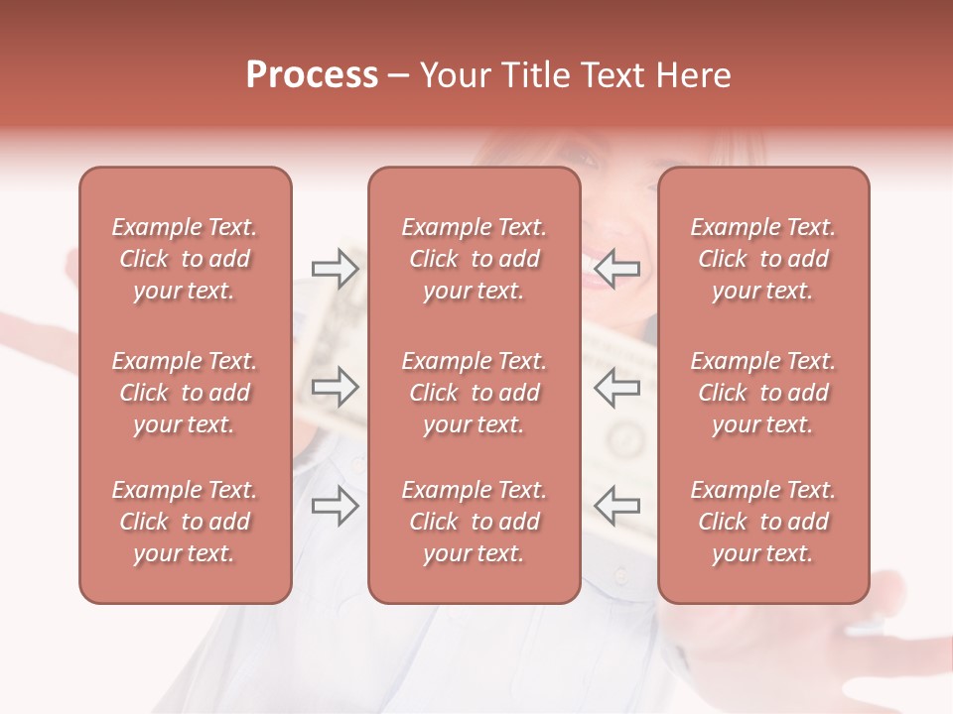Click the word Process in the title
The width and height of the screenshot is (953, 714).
pos(312,75)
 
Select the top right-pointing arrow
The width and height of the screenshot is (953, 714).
pos(335,268)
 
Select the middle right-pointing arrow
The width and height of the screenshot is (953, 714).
pos(335,387)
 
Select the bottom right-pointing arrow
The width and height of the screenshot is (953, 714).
pos(335,506)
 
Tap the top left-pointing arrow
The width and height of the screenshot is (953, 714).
pos(616,268)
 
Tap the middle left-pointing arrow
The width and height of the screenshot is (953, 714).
pos(616,387)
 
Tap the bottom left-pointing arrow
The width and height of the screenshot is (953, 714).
pos(616,506)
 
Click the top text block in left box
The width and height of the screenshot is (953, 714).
pos(185,259)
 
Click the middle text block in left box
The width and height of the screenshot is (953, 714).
pos(185,393)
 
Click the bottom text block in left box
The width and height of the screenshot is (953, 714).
pos(185,522)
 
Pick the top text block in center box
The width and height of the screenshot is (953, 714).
pos(475,259)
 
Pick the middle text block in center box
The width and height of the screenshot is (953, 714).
pos(475,393)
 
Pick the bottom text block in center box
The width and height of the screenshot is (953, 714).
pos(475,522)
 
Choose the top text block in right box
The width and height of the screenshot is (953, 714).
pos(763,259)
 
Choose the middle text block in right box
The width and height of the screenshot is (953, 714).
pos(763,393)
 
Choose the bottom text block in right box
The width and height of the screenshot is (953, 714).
pos(763,522)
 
